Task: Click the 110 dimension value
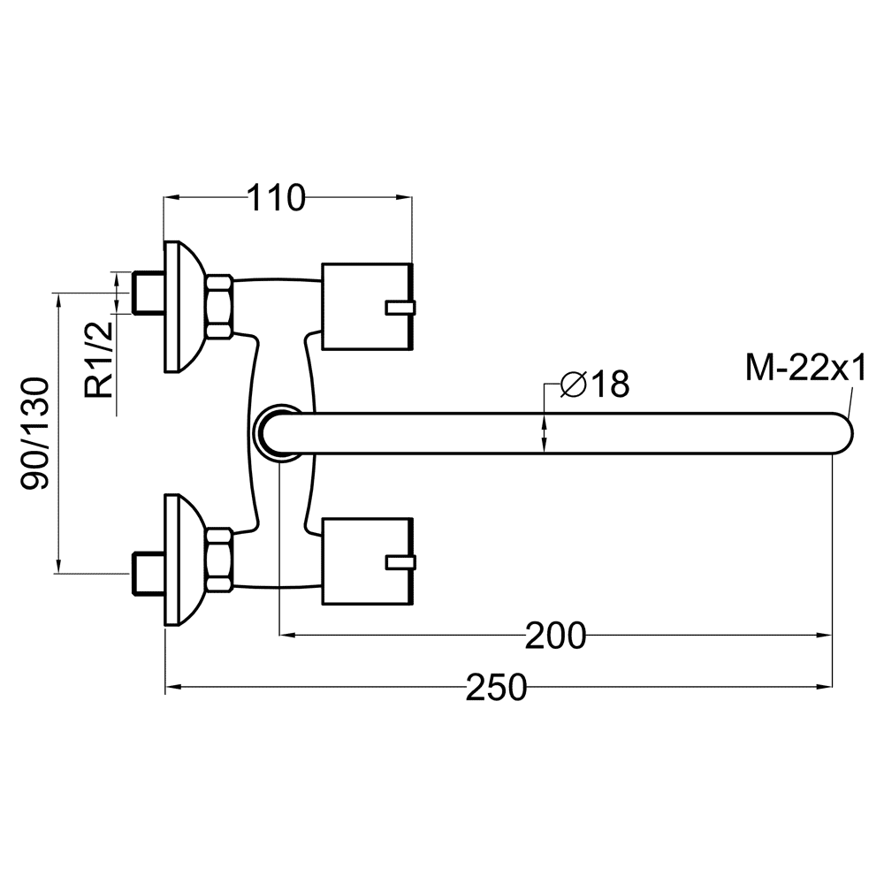(x=276, y=198)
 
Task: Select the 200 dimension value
(x=556, y=636)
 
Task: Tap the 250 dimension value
(x=496, y=687)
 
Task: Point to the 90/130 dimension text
(x=36, y=434)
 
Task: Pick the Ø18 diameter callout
(x=595, y=385)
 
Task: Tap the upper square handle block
(x=368, y=306)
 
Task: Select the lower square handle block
(x=368, y=561)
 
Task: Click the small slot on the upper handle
(x=400, y=308)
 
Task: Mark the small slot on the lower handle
(x=400, y=562)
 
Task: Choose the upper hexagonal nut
(x=218, y=307)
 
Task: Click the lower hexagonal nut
(x=218, y=561)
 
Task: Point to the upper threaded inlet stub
(x=148, y=293)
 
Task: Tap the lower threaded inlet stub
(x=148, y=575)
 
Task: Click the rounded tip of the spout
(x=846, y=433)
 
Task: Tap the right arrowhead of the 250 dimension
(x=826, y=687)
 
